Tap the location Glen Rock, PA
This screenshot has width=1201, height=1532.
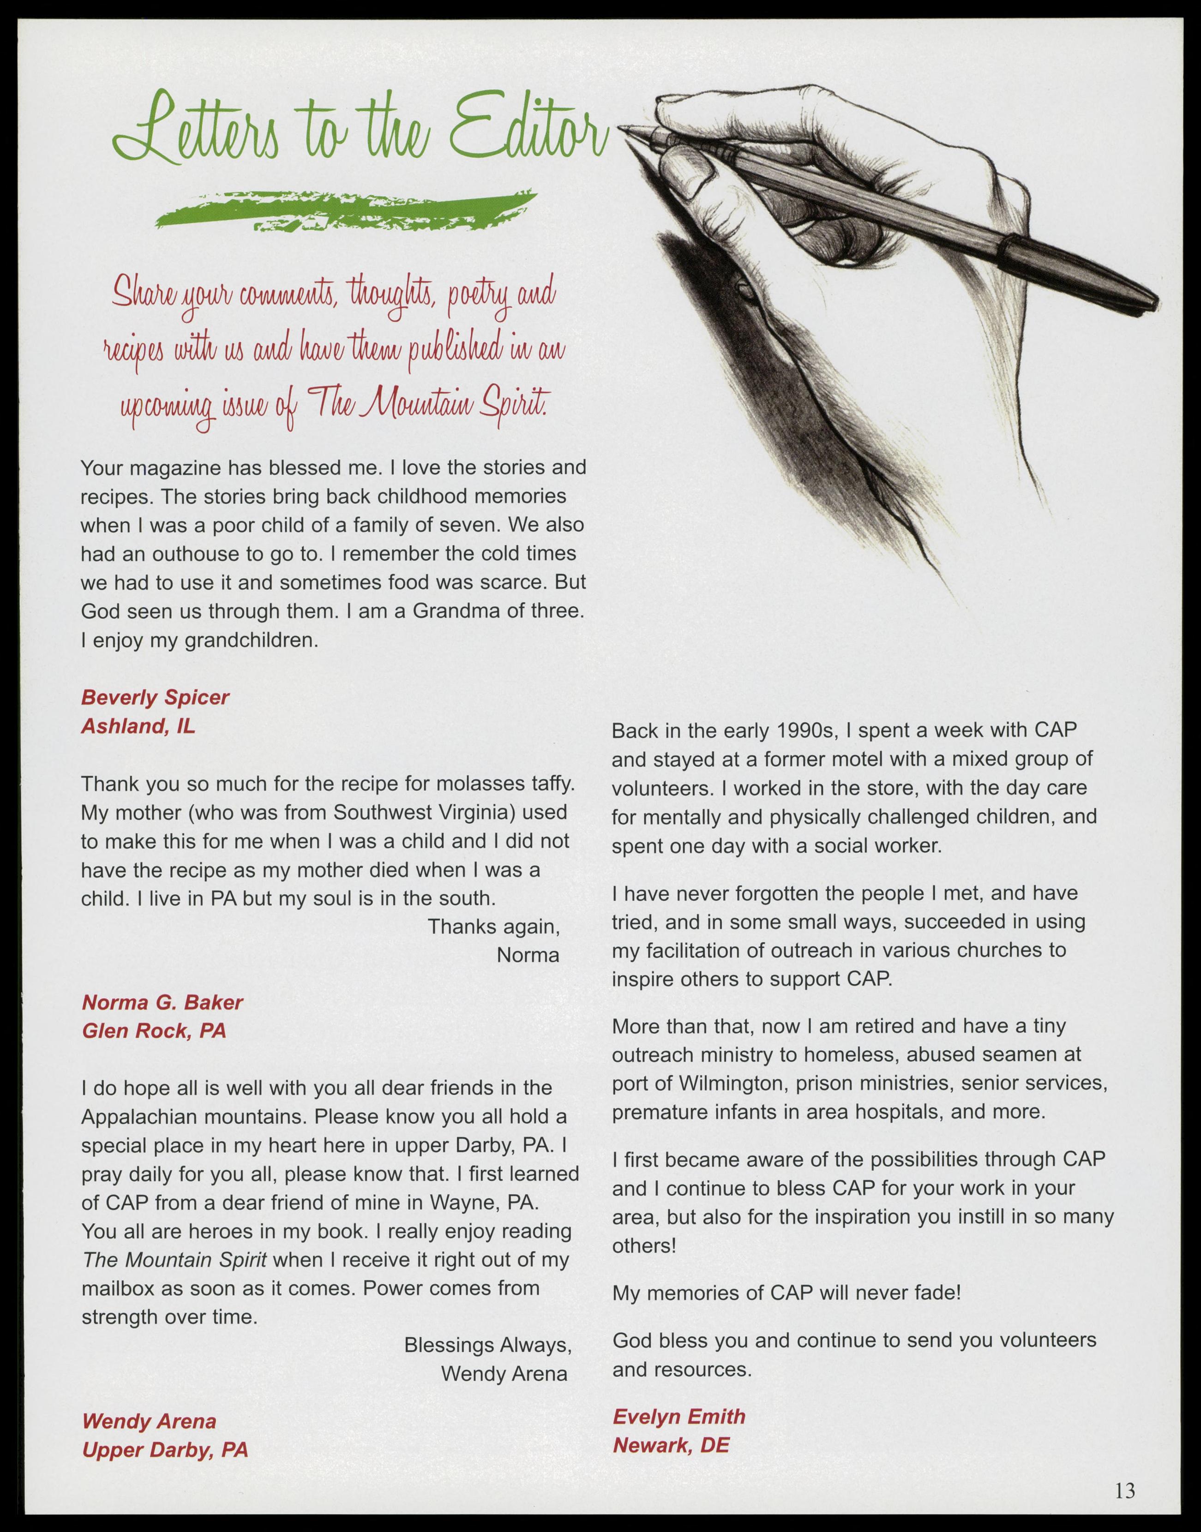coord(154,1031)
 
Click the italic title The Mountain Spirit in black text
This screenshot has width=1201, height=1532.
coord(174,1259)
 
